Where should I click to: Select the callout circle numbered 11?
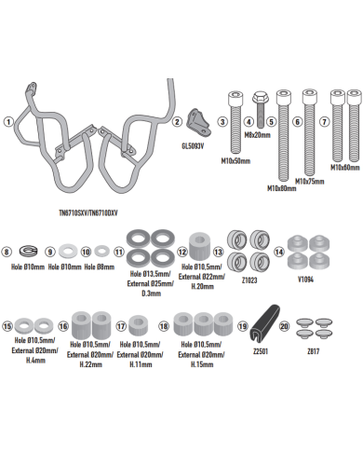pos(118,252)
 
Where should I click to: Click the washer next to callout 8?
pos(28,252)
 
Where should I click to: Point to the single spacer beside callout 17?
pos(141,327)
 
